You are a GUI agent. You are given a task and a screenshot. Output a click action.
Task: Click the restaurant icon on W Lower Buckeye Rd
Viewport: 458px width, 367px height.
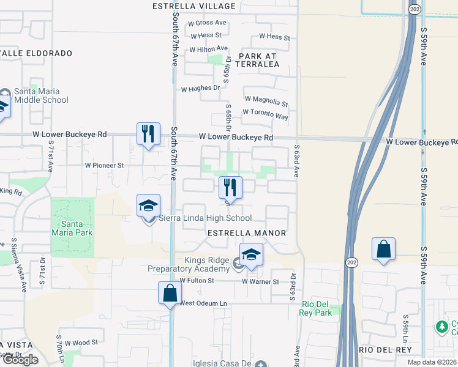(x=148, y=134)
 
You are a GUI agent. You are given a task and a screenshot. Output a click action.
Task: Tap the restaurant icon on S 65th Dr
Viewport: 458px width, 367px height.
(x=230, y=187)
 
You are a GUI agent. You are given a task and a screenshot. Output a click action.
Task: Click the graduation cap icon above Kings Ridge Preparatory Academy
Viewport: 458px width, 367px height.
(x=251, y=254)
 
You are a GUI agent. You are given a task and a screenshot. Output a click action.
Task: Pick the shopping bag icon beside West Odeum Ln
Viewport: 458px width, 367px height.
(x=170, y=293)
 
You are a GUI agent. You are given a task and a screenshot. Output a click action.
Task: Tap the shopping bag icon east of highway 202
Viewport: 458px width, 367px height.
(x=383, y=249)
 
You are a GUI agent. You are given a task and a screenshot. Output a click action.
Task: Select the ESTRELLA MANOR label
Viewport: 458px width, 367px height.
(x=247, y=233)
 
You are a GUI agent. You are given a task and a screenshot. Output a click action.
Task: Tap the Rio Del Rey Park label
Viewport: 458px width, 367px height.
(x=316, y=308)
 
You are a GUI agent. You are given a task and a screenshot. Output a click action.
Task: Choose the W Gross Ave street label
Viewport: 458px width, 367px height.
(x=208, y=23)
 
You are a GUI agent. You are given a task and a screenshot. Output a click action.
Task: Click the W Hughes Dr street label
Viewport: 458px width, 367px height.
(x=200, y=88)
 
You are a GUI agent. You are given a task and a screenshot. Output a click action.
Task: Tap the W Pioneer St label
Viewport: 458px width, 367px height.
(x=104, y=165)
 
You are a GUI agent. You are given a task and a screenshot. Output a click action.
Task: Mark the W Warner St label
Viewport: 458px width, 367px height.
(x=260, y=282)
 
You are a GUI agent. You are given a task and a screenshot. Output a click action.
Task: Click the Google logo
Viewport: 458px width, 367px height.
(x=20, y=360)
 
